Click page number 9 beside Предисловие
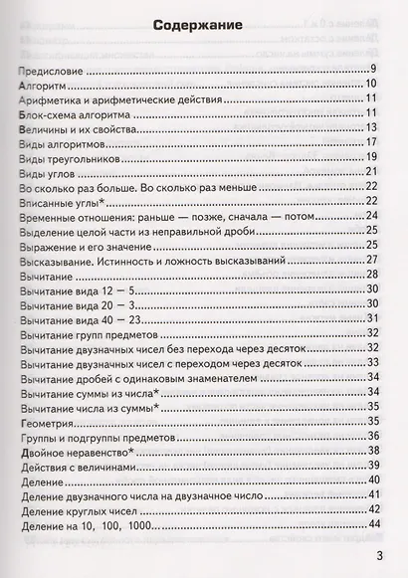pyautogui.click(x=373, y=69)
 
